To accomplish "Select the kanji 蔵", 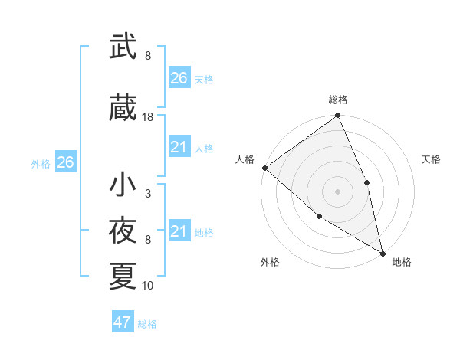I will coord(123,108).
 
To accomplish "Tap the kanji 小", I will coord(123,185).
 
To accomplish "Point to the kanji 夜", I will coord(123,231).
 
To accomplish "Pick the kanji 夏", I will coord(123,277).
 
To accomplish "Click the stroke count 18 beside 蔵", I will coord(148,117).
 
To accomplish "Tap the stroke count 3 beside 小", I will coord(148,194).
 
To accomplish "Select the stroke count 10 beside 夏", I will coord(148,286).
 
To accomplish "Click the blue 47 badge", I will coord(123,322).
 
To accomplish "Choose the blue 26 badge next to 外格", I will coord(65,162).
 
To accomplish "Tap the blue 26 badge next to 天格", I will coord(179,78).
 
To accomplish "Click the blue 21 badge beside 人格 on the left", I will coord(179,147).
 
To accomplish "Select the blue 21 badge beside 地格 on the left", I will coord(179,231).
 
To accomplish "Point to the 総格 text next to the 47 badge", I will coord(148,324).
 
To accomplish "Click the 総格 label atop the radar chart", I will coord(338,100).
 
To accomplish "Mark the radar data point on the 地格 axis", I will coord(383,252).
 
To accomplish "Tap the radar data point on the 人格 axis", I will coord(264,168).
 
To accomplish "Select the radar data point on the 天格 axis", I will coord(366,182).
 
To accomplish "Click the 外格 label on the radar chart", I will coord(270,262).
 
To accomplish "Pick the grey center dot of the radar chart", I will coord(337,191).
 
